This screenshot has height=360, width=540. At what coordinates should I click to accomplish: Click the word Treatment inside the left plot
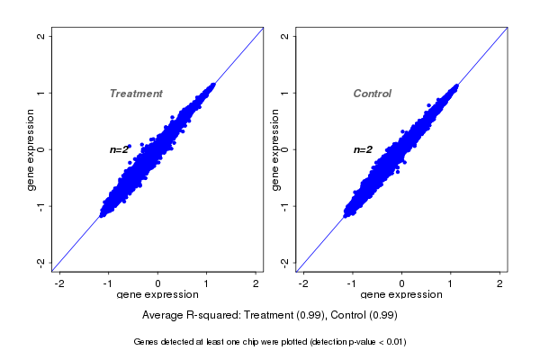pos(136,94)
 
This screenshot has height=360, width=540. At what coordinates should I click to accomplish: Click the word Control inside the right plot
pos(372,94)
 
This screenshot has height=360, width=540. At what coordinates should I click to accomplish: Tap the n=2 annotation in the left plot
pos(120,149)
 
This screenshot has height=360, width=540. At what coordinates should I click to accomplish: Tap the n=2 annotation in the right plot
pos(363,149)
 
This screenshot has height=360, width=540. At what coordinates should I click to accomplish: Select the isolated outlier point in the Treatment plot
pos(129,145)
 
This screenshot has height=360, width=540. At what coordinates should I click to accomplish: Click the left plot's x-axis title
pos(157,295)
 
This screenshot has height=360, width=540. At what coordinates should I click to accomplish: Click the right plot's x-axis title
pos(400,295)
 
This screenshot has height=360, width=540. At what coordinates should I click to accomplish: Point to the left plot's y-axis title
pos(31,149)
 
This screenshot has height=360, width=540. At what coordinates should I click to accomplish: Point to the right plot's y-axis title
pos(275,149)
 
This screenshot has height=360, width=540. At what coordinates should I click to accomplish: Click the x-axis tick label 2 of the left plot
pos(256,283)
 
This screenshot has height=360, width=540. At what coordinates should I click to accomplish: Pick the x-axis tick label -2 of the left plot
pos(59,283)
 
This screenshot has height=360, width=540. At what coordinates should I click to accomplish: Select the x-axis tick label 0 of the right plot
pos(401,283)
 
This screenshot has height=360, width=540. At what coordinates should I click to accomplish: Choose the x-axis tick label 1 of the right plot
pos(451,283)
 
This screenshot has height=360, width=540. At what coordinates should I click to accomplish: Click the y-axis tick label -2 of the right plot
pos(285,262)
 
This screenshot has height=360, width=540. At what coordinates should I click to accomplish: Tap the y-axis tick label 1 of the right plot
pos(285,93)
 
